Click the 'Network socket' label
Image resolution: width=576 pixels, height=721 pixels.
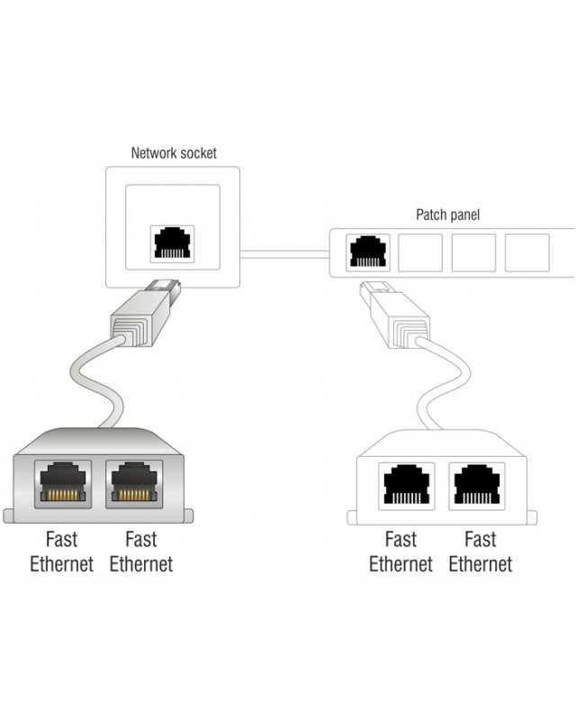(174, 152)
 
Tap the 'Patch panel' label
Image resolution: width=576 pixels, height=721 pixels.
(447, 214)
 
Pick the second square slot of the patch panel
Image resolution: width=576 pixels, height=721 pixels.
(420, 252)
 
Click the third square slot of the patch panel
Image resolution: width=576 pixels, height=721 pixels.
(473, 252)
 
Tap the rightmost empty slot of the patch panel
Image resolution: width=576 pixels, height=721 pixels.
(526, 252)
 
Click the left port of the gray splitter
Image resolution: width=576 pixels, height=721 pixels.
(61, 485)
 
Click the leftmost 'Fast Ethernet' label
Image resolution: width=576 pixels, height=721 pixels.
(61, 552)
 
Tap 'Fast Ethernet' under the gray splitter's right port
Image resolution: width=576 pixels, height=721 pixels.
(140, 552)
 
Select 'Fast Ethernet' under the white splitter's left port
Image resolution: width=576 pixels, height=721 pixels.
(400, 552)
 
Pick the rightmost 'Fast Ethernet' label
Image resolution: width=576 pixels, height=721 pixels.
(480, 552)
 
